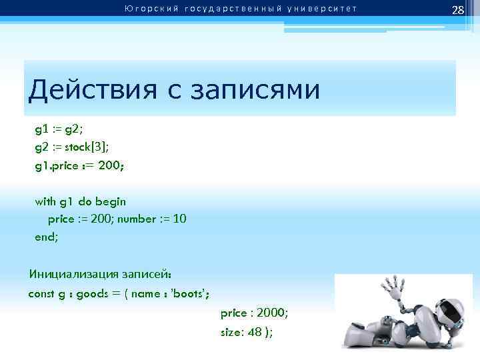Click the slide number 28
click(x=457, y=9)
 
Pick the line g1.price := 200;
click(x=79, y=165)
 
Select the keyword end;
click(x=47, y=235)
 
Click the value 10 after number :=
click(x=179, y=219)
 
